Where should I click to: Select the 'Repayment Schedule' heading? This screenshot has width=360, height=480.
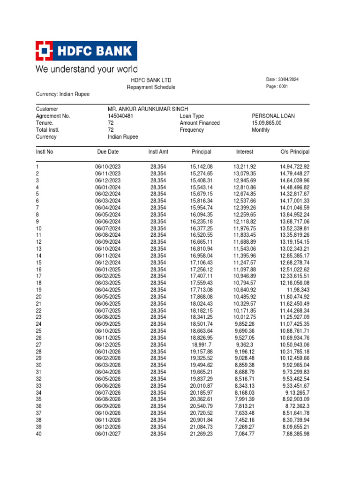tap(151, 87)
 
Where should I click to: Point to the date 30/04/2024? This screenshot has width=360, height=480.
tap(287, 80)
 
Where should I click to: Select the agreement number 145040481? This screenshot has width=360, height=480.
tap(121, 116)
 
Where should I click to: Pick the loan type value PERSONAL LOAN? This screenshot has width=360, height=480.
tap(273, 116)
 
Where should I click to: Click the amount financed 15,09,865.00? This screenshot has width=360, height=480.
tap(267, 123)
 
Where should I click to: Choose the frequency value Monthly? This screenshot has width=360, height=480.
tap(261, 130)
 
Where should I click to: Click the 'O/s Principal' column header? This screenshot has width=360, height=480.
tap(295, 152)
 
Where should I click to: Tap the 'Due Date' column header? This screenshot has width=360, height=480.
tap(108, 152)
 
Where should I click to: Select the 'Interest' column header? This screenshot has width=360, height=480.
tap(245, 152)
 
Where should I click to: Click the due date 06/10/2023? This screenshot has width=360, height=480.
tap(108, 167)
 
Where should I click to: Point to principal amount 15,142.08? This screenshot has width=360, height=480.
tap(202, 167)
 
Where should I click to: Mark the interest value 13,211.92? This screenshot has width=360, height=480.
tap(245, 167)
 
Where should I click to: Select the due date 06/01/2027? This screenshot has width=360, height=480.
tap(108, 434)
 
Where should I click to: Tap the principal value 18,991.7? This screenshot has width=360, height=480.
tap(203, 345)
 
